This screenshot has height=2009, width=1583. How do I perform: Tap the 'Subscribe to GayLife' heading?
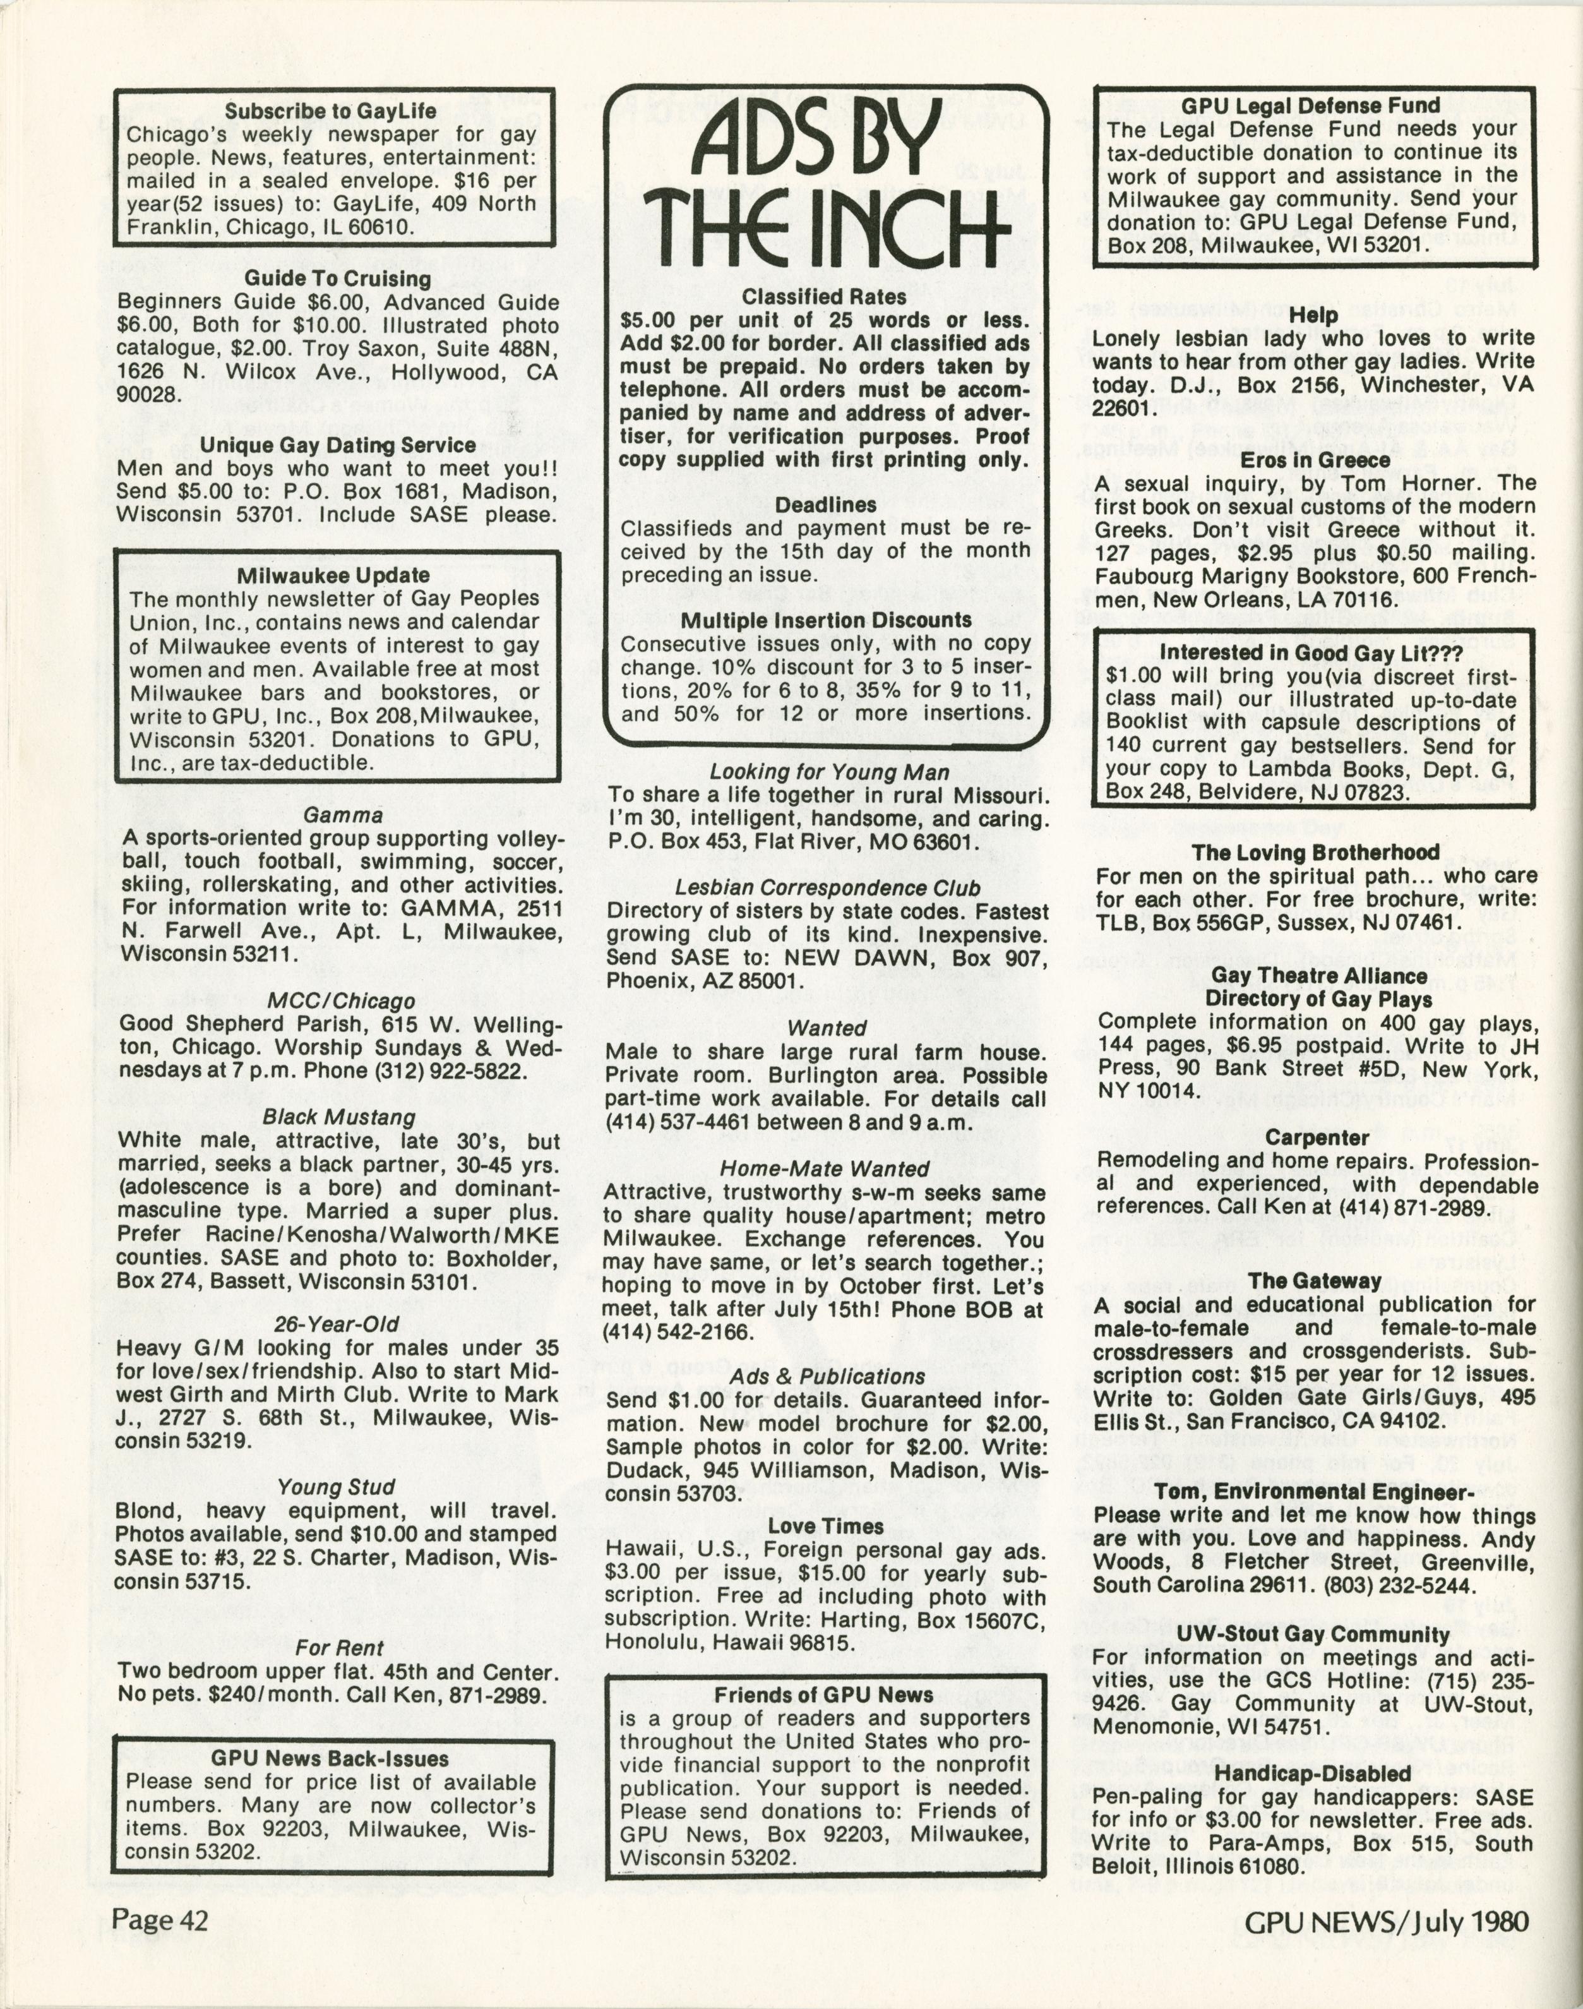pyautogui.click(x=330, y=111)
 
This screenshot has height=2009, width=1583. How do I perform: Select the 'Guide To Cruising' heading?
pyautogui.click(x=337, y=278)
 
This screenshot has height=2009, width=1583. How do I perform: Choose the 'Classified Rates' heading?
pyautogui.click(x=824, y=297)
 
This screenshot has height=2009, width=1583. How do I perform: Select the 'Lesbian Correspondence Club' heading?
pyautogui.click(x=827, y=887)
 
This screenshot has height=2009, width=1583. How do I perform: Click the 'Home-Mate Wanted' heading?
pyautogui.click(x=824, y=1169)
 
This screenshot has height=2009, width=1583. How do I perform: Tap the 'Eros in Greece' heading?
pyautogui.click(x=1314, y=460)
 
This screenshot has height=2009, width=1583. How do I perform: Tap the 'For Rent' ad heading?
pyautogui.click(x=338, y=1648)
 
